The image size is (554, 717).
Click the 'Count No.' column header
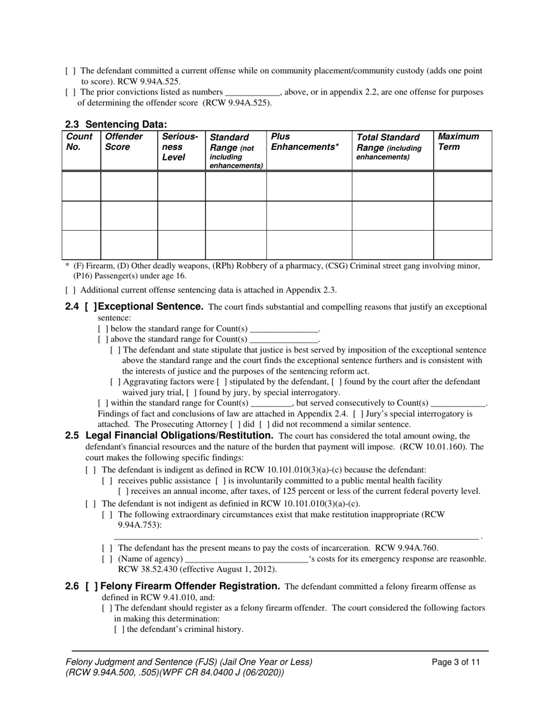coord(79,142)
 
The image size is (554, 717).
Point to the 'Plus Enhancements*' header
coord(304,142)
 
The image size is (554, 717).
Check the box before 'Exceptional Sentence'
coord(91,307)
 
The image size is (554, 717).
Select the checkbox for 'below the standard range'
coord(103,328)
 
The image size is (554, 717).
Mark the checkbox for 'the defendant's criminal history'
coord(119,630)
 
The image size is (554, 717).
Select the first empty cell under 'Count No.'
coord(81,187)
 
